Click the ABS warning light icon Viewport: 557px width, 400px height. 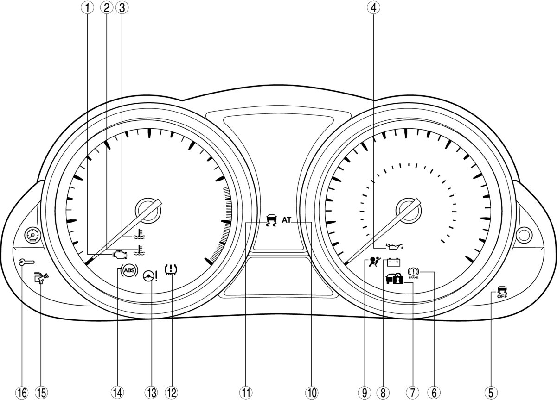129,270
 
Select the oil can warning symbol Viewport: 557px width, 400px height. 394,247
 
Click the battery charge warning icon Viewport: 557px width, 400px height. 394,262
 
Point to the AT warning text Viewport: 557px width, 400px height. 287,220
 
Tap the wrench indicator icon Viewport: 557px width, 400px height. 27,262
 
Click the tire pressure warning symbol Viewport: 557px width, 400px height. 171,269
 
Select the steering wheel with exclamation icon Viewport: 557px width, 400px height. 150,276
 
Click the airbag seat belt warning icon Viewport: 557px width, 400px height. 374,262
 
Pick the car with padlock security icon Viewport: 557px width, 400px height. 394,279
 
